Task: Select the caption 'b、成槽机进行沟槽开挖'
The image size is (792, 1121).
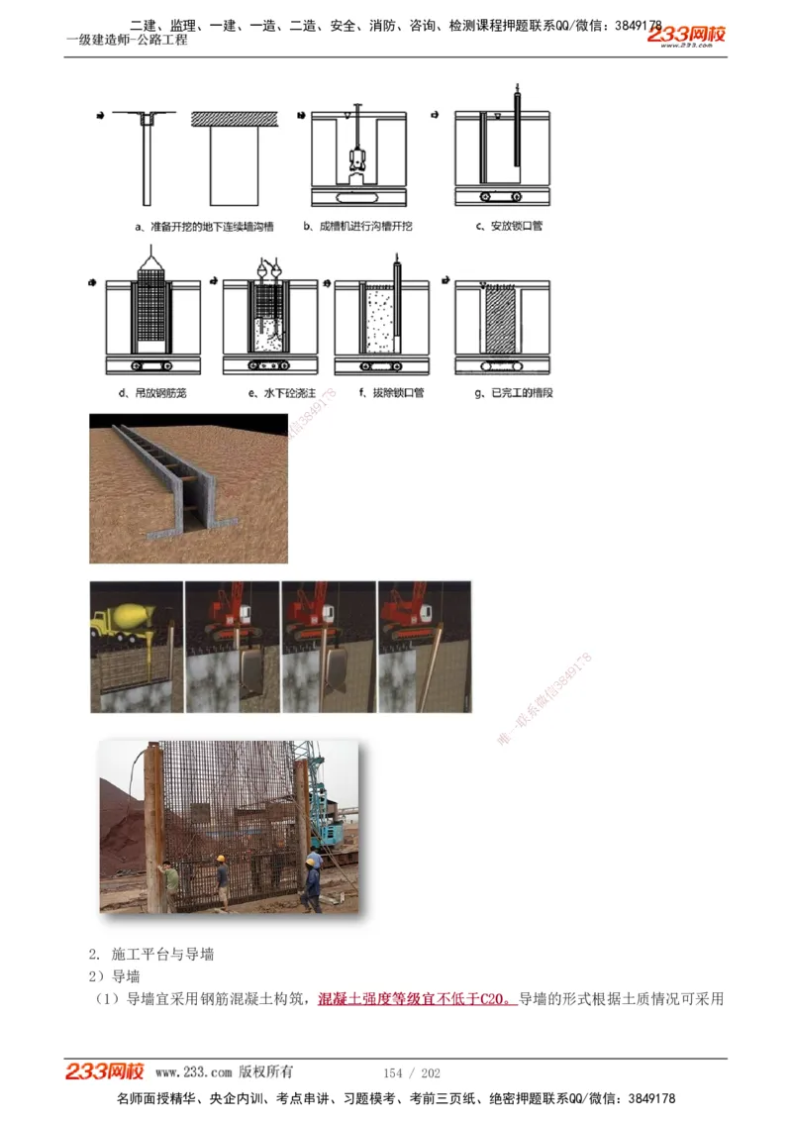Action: pos(358,227)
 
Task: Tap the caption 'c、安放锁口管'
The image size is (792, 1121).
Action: pos(509,227)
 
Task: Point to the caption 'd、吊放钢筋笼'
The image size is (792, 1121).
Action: pos(153,393)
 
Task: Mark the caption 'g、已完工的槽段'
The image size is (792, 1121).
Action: pos(514,393)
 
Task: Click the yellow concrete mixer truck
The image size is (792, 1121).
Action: pos(124,619)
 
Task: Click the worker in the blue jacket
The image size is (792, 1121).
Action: pos(313,876)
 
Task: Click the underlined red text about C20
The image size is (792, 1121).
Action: pos(416,998)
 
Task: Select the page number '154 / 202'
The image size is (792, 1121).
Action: pos(412,1072)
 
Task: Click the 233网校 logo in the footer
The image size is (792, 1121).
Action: pos(104,1071)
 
